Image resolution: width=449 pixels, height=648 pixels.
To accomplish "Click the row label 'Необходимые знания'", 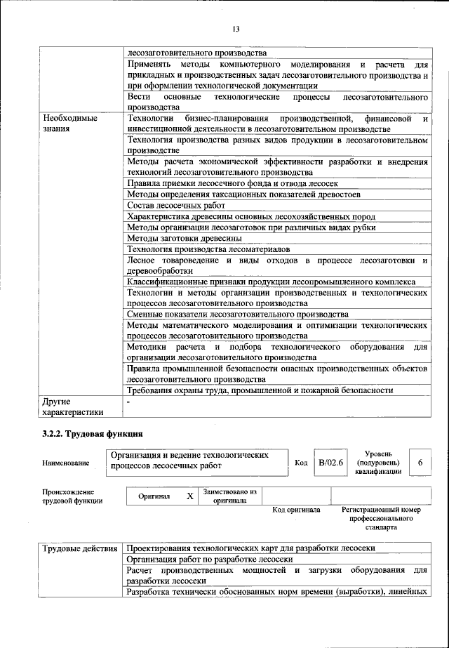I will [70, 124].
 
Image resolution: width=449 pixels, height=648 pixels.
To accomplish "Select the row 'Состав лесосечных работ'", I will [176, 205].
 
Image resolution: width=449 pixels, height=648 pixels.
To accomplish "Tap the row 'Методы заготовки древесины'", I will [185, 239].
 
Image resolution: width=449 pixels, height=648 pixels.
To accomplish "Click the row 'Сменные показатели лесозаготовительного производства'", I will [238, 315].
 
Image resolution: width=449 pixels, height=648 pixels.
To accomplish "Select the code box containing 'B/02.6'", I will [330, 463].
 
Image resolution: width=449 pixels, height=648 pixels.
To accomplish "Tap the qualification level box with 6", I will [420, 463].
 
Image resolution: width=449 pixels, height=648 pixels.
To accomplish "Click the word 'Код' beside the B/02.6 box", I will [301, 463].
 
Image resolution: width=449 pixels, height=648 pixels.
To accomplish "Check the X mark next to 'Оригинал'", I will [189, 496].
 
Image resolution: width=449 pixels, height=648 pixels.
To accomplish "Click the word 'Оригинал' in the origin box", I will [154, 496].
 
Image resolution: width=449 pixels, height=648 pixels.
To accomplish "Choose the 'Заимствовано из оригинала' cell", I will [230, 496].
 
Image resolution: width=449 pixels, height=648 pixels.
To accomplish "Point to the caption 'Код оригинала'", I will [296, 510].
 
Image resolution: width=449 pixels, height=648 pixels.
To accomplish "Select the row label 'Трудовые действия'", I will [80, 548].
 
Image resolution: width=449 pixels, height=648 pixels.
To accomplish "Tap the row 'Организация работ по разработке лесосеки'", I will [209, 560].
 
